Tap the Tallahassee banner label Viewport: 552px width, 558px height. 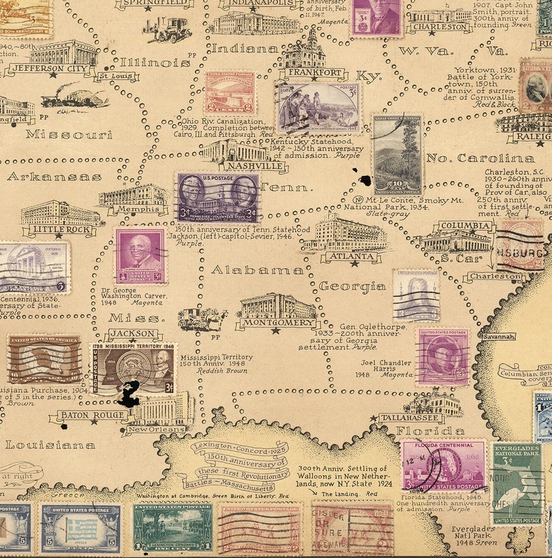(410, 418)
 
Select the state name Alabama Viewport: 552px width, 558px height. (257, 270)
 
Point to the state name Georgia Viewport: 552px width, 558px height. (352, 286)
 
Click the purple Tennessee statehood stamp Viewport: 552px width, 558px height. (218, 198)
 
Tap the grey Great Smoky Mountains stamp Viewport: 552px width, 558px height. (397, 155)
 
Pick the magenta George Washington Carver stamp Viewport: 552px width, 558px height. (140, 256)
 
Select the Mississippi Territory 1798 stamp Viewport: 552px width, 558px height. (132, 368)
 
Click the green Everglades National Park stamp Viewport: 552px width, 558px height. (517, 484)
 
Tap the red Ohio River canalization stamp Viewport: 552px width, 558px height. (229, 93)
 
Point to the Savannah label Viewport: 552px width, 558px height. (498, 336)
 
